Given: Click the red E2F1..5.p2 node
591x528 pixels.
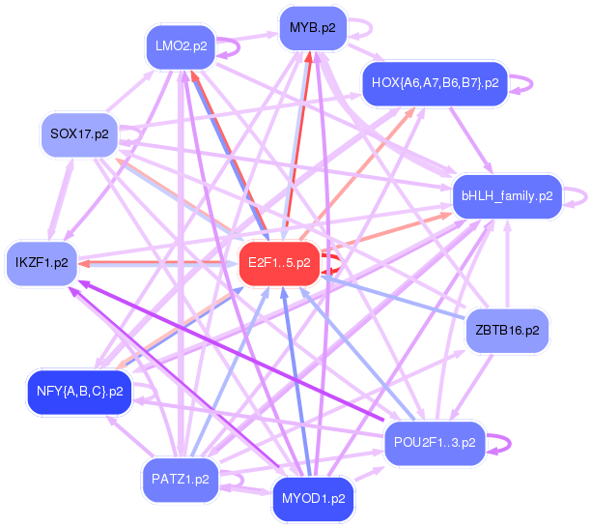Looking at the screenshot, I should tap(279, 262).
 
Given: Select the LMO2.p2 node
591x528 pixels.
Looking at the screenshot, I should tap(180, 45).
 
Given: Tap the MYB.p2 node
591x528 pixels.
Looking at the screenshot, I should tap(312, 28).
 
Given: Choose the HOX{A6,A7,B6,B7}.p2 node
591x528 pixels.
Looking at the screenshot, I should tap(435, 83).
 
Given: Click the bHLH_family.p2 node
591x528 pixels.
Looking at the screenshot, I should tap(506, 195).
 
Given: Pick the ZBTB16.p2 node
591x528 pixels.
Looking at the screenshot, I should tap(507, 331).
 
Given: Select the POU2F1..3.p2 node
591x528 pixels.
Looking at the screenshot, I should tap(435, 443).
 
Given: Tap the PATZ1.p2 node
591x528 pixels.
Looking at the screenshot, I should tap(180, 479).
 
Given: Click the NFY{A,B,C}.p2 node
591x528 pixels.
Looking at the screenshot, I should tap(79, 392).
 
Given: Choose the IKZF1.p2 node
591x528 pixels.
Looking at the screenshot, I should tap(42, 262).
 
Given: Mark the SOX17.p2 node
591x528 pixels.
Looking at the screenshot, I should tap(79, 133).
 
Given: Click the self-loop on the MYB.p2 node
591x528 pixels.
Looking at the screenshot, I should tap(361, 29).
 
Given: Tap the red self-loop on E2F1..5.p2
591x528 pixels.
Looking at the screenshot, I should tap(334, 262).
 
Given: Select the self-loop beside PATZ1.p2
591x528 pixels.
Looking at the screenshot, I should tap(232, 479).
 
